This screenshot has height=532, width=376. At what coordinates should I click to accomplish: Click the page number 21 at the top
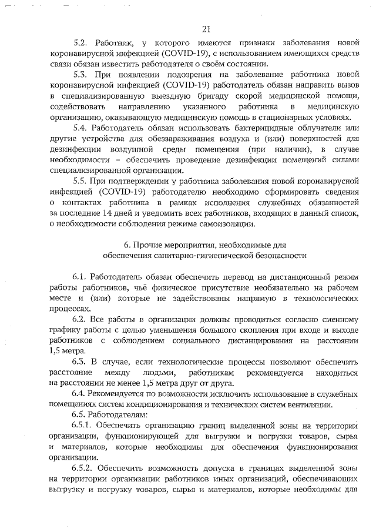click(x=206, y=29)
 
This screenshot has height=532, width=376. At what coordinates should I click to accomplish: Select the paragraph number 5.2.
click(x=80, y=43)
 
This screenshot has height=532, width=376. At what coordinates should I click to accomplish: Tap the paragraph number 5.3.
click(x=80, y=75)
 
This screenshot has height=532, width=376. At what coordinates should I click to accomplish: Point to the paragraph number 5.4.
click(x=80, y=128)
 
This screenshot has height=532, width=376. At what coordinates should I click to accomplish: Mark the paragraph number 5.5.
click(x=80, y=181)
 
